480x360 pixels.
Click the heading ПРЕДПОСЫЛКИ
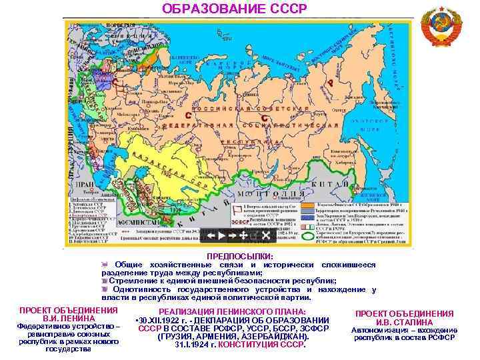click(240, 255)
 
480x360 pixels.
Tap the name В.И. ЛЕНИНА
click(69, 319)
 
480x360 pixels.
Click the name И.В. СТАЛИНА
click(404, 323)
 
